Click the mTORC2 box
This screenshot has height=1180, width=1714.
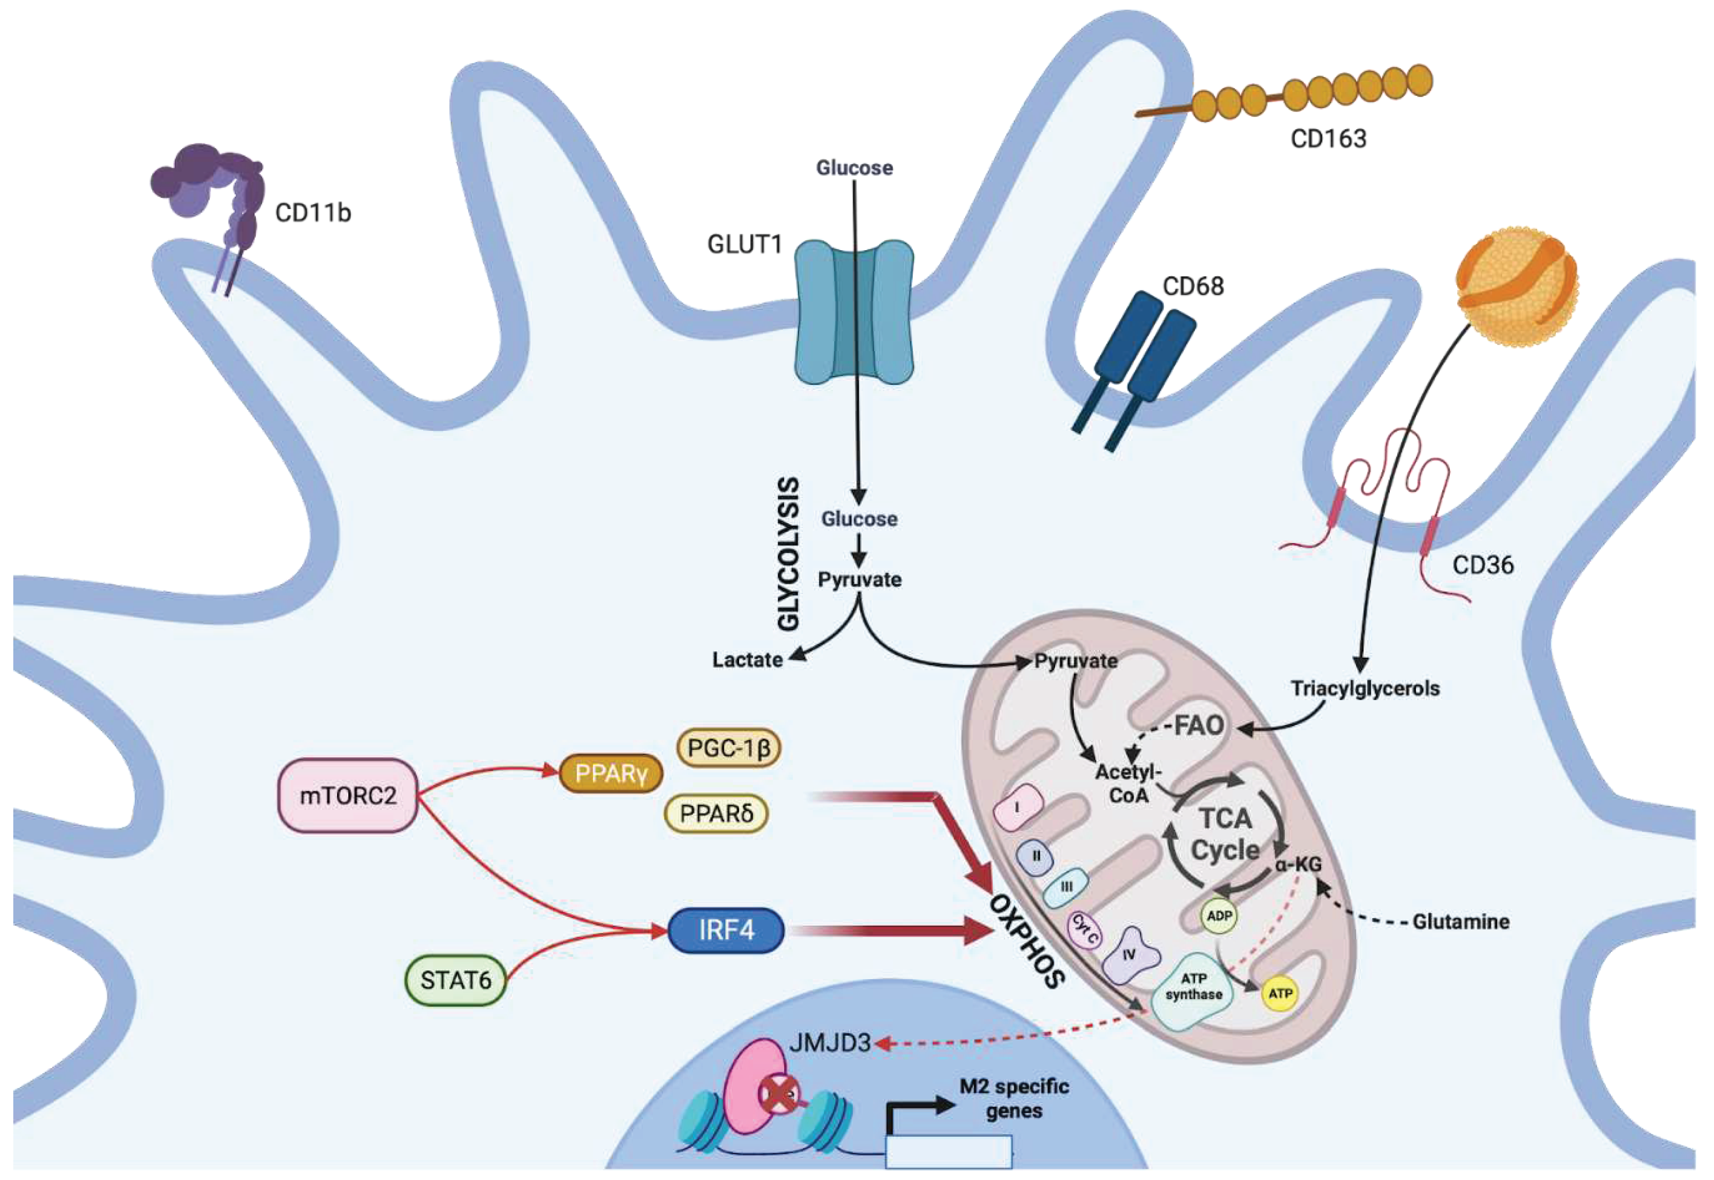click(x=348, y=795)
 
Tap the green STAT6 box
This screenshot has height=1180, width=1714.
click(x=455, y=981)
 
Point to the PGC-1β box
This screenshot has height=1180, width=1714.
click(x=728, y=748)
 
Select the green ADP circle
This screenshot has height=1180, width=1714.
click(x=1219, y=916)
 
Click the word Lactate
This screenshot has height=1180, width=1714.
click(x=747, y=660)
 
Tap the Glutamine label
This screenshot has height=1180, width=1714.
click(x=1460, y=922)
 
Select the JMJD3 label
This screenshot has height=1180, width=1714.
click(x=829, y=1043)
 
